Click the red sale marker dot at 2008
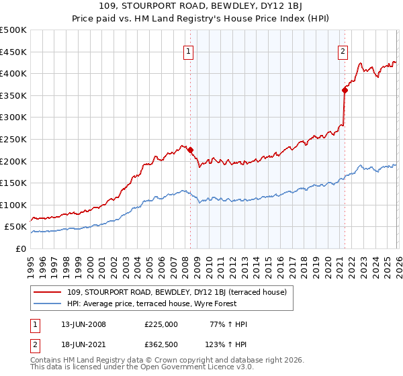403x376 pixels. (x=190, y=150)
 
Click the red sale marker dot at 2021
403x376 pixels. (x=345, y=90)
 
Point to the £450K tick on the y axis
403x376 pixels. (x=13, y=52)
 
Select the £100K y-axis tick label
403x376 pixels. (x=13, y=205)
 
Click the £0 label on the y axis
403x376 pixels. (x=21, y=249)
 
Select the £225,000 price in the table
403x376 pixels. (x=161, y=324)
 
